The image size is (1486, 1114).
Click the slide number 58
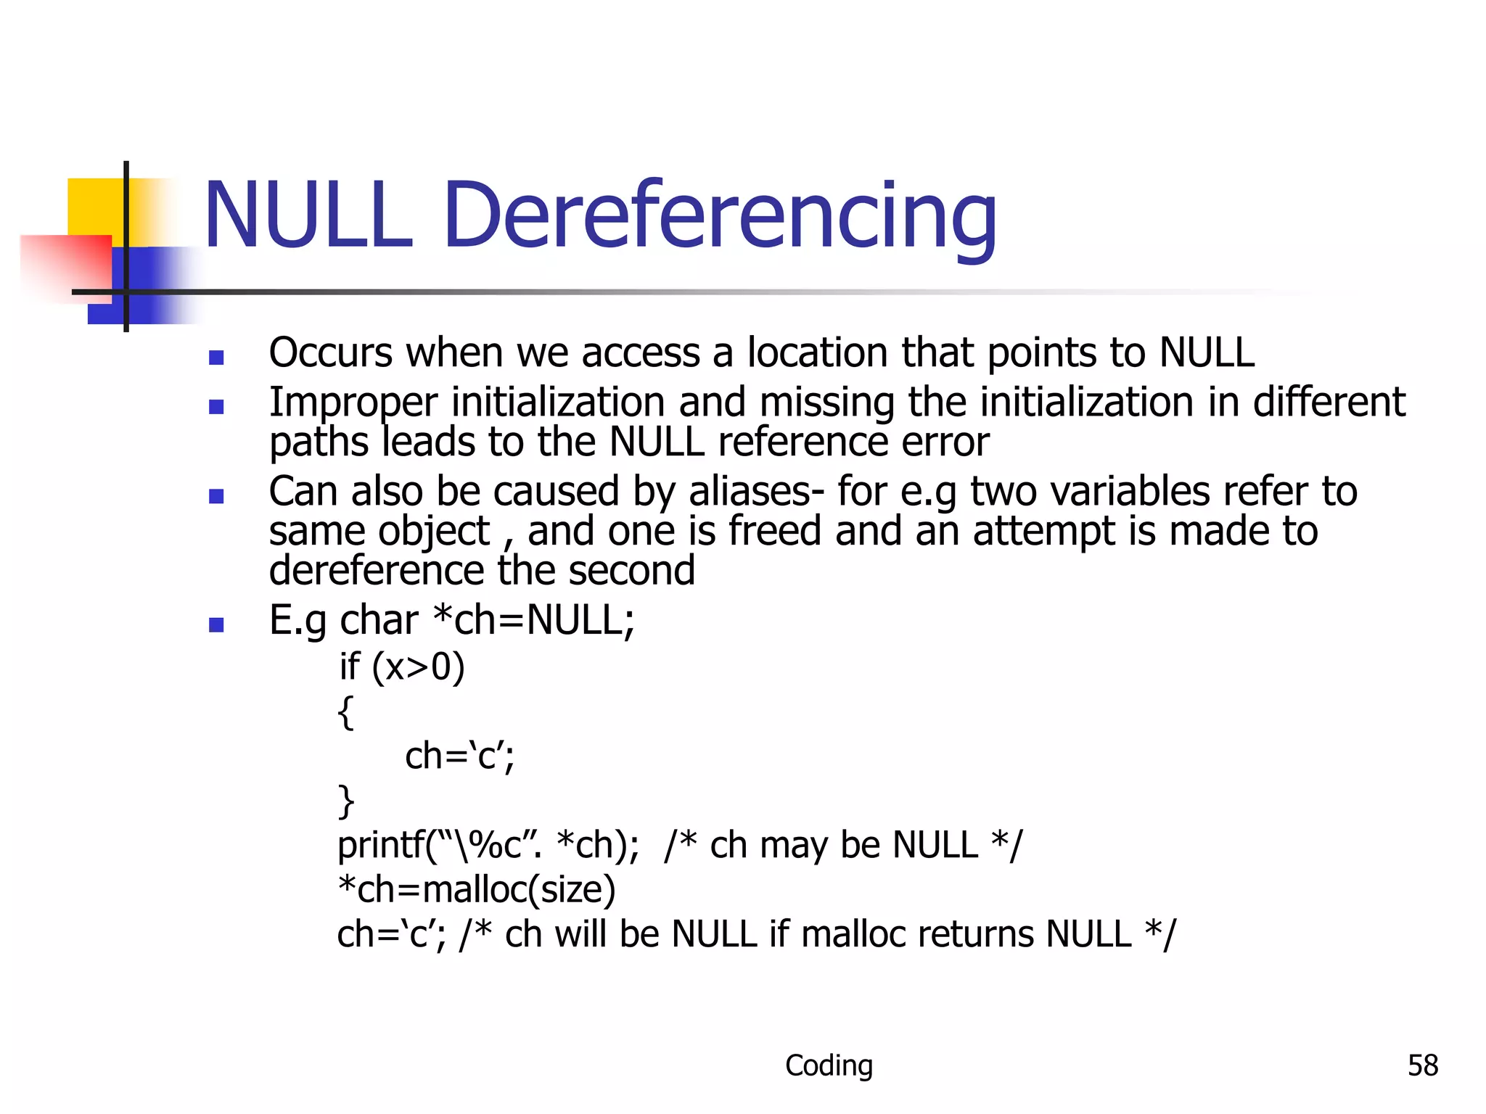[x=1422, y=1065]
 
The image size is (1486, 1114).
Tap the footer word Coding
[x=829, y=1065]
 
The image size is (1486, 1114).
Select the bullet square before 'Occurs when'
[x=215, y=357]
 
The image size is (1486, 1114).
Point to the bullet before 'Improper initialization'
[x=215, y=406]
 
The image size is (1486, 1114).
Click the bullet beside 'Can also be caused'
[x=215, y=496]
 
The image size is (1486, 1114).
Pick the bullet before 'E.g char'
[x=215, y=624]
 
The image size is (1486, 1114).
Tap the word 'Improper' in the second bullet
[x=353, y=403]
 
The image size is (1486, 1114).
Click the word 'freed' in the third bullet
[x=775, y=531]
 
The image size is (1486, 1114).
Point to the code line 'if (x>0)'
[x=401, y=667]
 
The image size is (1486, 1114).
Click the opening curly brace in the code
[x=346, y=712]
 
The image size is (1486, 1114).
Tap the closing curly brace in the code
[x=346, y=801]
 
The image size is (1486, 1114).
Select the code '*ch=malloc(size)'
[x=476, y=890]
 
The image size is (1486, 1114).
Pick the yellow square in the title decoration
[x=95, y=206]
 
